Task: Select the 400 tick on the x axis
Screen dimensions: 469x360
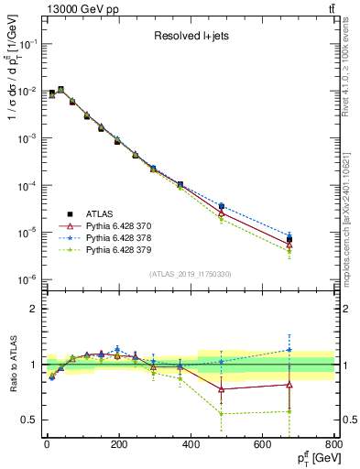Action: [190, 443]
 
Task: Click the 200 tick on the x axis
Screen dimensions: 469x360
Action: [118, 443]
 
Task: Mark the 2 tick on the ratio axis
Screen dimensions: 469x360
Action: [35, 309]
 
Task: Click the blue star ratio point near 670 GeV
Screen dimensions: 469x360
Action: [289, 349]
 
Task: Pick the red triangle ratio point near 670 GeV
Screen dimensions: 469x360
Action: [289, 384]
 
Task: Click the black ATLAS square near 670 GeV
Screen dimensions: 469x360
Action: [289, 239]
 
